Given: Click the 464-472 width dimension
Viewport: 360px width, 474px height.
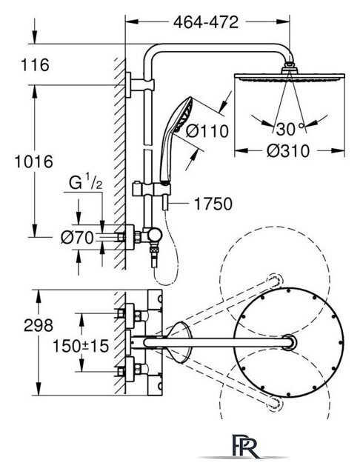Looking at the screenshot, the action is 206,22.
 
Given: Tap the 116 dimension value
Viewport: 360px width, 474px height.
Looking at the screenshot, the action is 35,65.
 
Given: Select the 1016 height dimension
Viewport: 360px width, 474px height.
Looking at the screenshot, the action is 34,161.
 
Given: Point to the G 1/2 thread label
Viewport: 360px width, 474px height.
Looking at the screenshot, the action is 85,183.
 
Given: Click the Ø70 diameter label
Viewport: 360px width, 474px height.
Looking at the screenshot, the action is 77,238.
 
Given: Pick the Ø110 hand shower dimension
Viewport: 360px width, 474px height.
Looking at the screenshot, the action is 207,131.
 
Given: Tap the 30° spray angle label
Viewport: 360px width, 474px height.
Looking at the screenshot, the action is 290,129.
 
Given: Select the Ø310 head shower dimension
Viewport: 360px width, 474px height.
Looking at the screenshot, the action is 288,150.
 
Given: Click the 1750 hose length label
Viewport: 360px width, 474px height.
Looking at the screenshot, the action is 213,204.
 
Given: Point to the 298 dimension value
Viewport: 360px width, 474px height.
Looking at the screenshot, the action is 39,326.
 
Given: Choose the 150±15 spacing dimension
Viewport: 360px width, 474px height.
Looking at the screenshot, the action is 81,346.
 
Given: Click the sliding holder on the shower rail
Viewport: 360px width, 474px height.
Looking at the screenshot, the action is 151,190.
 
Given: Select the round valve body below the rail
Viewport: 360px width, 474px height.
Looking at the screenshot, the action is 155,235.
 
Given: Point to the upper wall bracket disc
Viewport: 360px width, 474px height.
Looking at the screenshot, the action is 128,85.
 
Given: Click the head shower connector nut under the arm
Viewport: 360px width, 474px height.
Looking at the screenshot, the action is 290,66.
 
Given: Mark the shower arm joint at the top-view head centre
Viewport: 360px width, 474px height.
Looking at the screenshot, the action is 289,342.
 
